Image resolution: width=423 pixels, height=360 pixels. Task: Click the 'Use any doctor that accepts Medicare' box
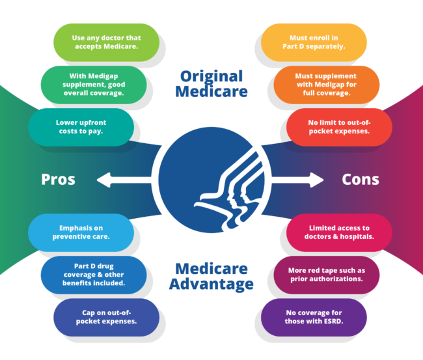(x=106, y=42)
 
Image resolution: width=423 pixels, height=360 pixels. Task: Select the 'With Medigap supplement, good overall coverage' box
(x=93, y=84)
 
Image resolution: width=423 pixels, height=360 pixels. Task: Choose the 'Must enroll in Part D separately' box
(x=314, y=42)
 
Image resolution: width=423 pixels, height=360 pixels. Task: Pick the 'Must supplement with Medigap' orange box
(x=326, y=84)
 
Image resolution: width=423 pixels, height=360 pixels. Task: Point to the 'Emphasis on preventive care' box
(x=81, y=232)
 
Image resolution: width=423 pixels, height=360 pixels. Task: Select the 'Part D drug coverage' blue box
(x=93, y=275)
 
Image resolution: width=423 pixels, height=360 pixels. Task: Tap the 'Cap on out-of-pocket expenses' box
(x=106, y=317)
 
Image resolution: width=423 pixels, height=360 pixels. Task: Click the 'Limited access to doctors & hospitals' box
(x=339, y=232)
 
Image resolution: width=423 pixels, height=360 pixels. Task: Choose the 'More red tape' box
(x=326, y=275)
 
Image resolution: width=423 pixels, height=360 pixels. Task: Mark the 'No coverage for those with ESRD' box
(x=314, y=317)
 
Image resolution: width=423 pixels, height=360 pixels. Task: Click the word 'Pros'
(x=59, y=179)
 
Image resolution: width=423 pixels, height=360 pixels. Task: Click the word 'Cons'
(x=362, y=179)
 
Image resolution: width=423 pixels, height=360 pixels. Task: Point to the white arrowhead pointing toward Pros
(x=102, y=179)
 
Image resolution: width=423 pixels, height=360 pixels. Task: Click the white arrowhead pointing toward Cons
(x=319, y=179)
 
